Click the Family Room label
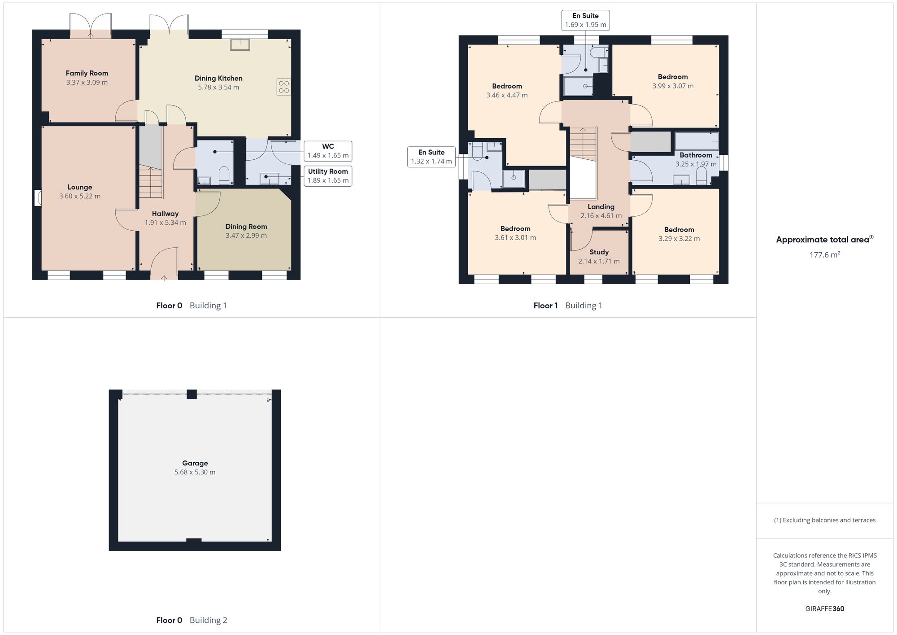(x=87, y=73)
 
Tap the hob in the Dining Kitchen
(x=284, y=87)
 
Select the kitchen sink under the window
(x=240, y=44)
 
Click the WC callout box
(x=328, y=151)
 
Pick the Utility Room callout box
(x=328, y=176)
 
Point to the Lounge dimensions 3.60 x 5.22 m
(x=80, y=196)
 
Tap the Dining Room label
(x=246, y=227)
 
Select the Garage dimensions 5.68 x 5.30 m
(x=195, y=472)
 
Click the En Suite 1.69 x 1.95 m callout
(x=586, y=20)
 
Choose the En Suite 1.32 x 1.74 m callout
(x=431, y=157)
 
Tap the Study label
(x=599, y=252)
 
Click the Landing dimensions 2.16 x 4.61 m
(x=601, y=216)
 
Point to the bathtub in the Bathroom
(x=697, y=141)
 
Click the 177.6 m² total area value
(x=825, y=254)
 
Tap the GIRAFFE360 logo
(x=825, y=609)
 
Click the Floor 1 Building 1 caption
(x=568, y=306)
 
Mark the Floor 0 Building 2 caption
(x=192, y=620)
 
